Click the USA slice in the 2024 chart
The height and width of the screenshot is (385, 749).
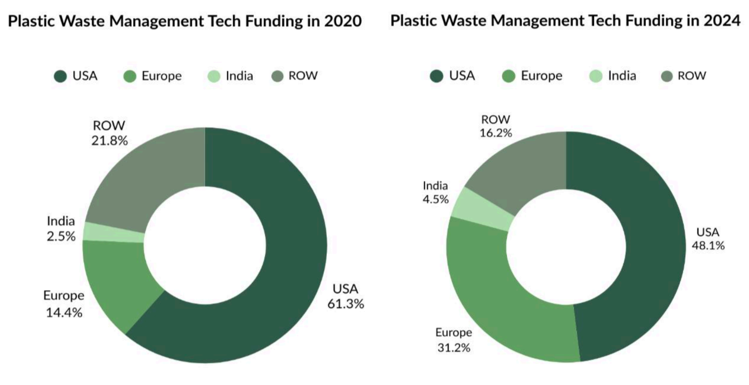[x=654, y=247]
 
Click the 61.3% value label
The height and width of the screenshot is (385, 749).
[x=345, y=304]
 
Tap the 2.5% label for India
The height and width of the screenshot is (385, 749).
[x=61, y=237]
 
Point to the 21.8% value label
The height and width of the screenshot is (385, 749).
[x=109, y=141]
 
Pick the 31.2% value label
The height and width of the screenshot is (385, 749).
[x=453, y=348]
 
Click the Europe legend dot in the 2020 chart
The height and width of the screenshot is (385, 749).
[x=130, y=76]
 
